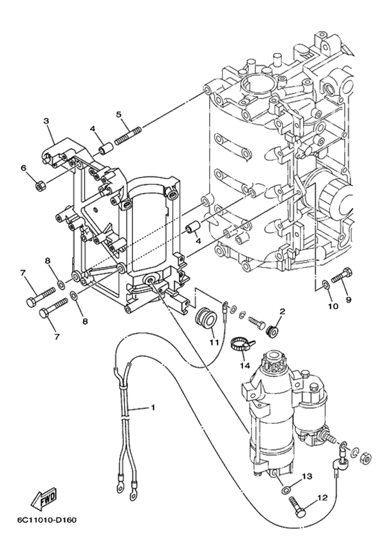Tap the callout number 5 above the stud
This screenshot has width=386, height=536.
119,115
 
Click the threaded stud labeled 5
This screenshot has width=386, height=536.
128,136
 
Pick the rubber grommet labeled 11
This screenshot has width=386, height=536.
206,317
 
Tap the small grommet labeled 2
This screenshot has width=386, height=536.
272,330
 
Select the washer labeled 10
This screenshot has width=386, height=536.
326,283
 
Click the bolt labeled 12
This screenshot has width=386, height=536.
297,508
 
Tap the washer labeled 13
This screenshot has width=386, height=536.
285,491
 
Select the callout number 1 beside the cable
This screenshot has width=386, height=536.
153,407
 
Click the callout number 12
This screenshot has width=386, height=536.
322,497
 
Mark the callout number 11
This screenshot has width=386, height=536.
214,343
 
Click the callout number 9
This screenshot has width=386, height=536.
349,300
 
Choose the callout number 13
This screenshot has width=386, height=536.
307,476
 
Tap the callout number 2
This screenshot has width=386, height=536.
282,311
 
